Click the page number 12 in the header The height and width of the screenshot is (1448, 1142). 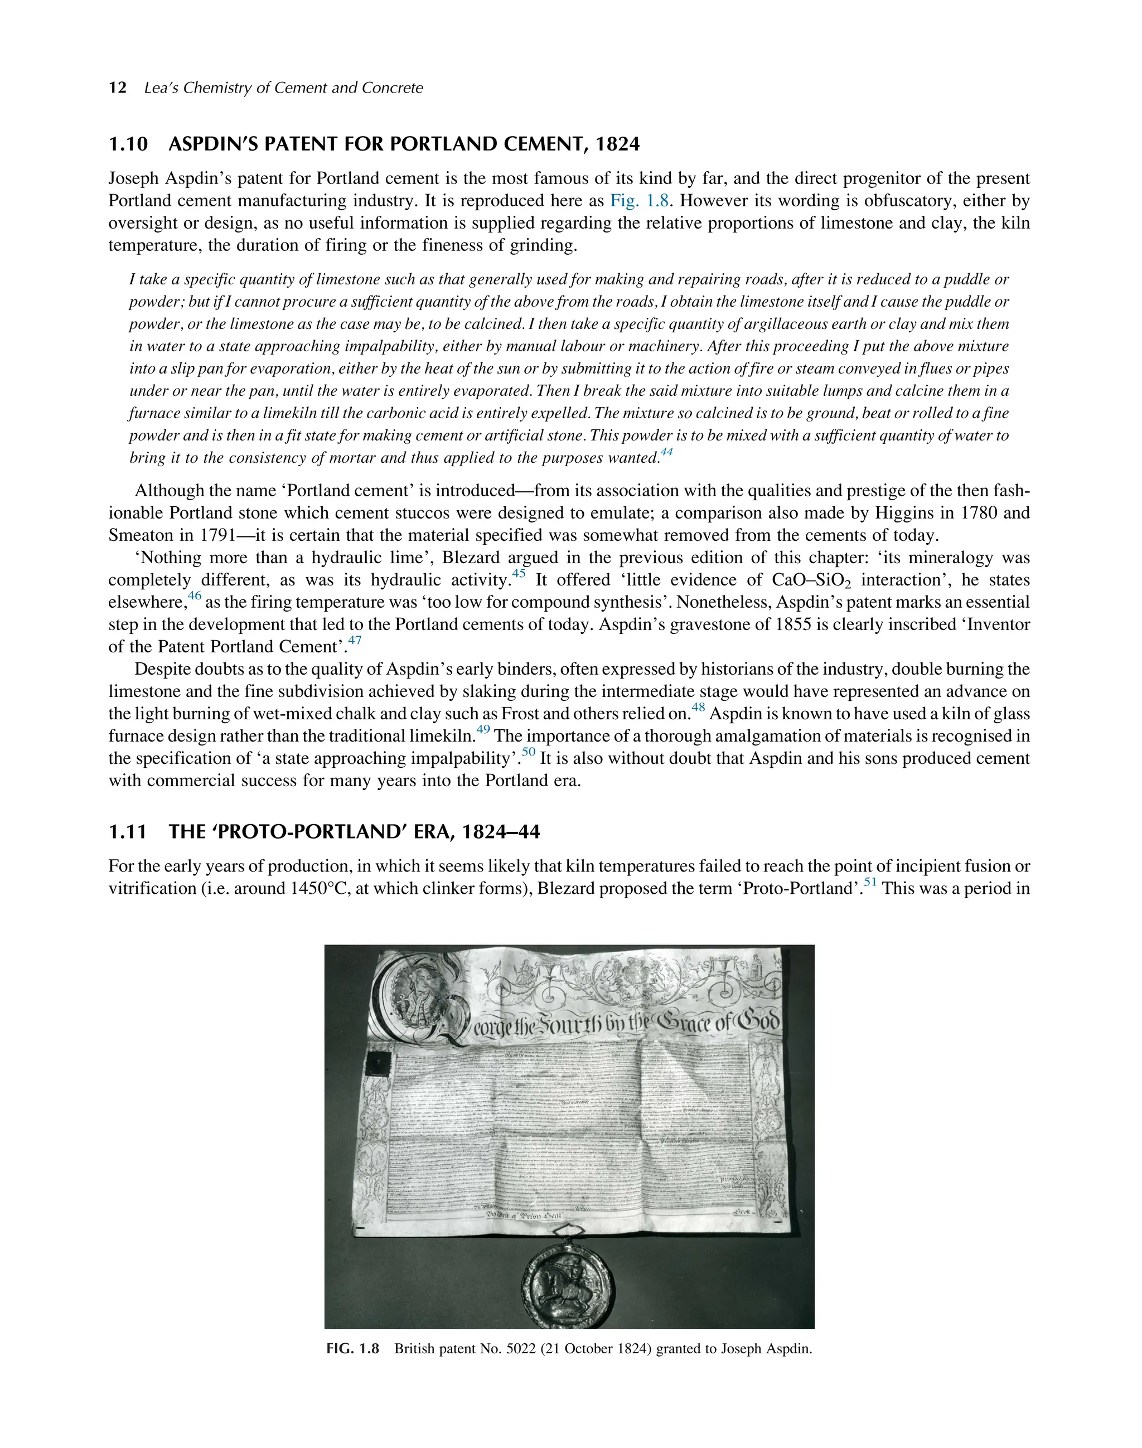coord(117,88)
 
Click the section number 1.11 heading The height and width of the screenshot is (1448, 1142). coord(127,832)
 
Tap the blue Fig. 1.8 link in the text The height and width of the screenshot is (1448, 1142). coord(639,201)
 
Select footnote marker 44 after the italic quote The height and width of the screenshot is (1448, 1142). coord(666,453)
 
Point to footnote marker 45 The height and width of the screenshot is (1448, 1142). coord(519,574)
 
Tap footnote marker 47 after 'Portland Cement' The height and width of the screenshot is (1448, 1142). coord(355,641)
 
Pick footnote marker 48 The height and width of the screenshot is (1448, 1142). coord(698,708)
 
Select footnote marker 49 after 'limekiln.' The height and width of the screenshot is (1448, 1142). coord(483,730)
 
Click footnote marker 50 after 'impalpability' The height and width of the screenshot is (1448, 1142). coord(529,752)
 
